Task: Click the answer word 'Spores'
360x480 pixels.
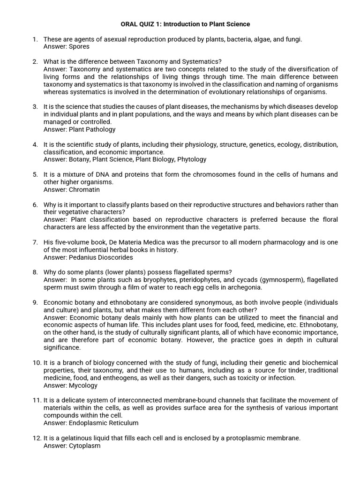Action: (x=79, y=46)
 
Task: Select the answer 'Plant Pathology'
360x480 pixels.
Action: (x=92, y=129)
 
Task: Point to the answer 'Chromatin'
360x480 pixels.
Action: (x=84, y=189)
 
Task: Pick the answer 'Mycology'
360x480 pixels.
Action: (x=83, y=385)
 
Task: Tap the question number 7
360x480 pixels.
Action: (x=35, y=242)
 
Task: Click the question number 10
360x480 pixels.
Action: (x=37, y=363)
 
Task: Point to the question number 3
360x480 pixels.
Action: (x=35, y=106)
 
